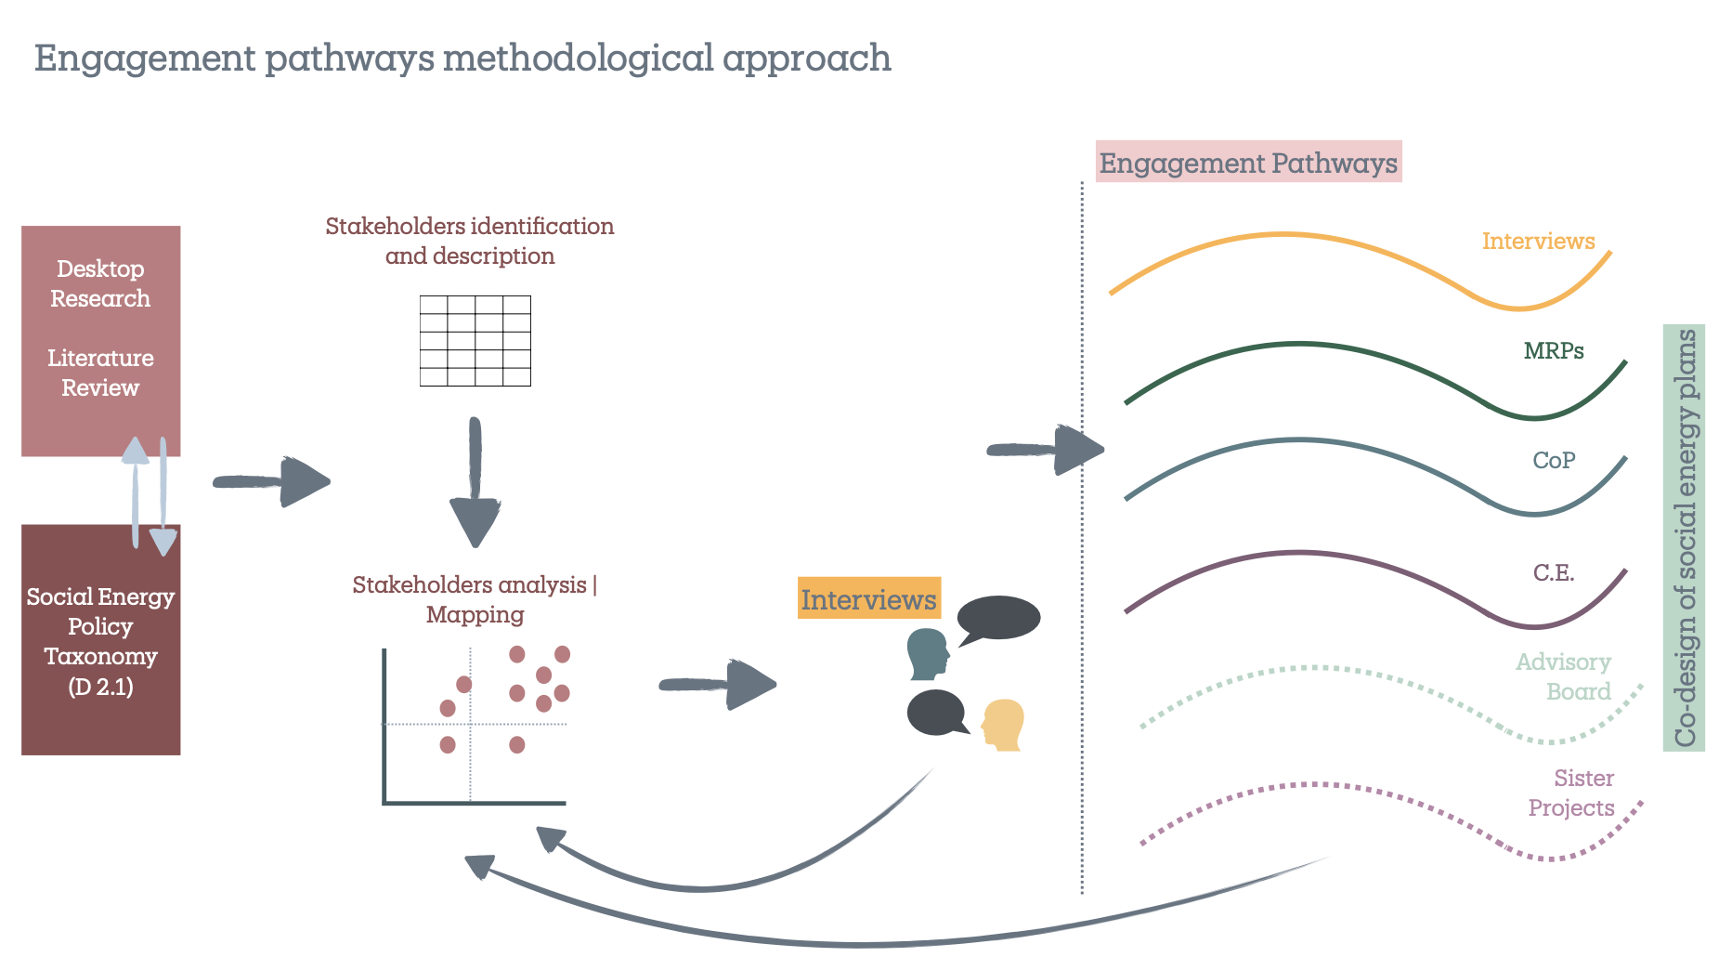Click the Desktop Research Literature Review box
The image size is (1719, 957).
(x=100, y=339)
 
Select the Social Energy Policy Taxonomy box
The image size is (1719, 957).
(x=100, y=641)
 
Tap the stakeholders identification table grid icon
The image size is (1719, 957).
(x=475, y=340)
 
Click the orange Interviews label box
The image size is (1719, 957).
(x=868, y=599)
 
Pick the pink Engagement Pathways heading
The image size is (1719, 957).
(x=1247, y=163)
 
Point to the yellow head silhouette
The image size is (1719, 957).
(x=1004, y=725)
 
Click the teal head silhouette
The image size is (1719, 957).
(x=928, y=654)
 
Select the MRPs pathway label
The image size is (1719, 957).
(x=1553, y=350)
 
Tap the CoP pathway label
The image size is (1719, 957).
(x=1553, y=460)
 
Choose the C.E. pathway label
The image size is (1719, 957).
(x=1553, y=572)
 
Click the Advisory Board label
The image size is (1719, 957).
(x=1565, y=676)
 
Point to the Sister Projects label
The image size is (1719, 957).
(x=1572, y=793)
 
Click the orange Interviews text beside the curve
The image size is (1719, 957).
(x=1538, y=241)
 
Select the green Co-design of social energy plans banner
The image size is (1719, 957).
(x=1684, y=538)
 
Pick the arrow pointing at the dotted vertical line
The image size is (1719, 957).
(x=1046, y=451)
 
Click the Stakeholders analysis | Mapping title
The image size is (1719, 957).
(x=475, y=599)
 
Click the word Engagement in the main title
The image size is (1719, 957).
(x=144, y=58)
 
